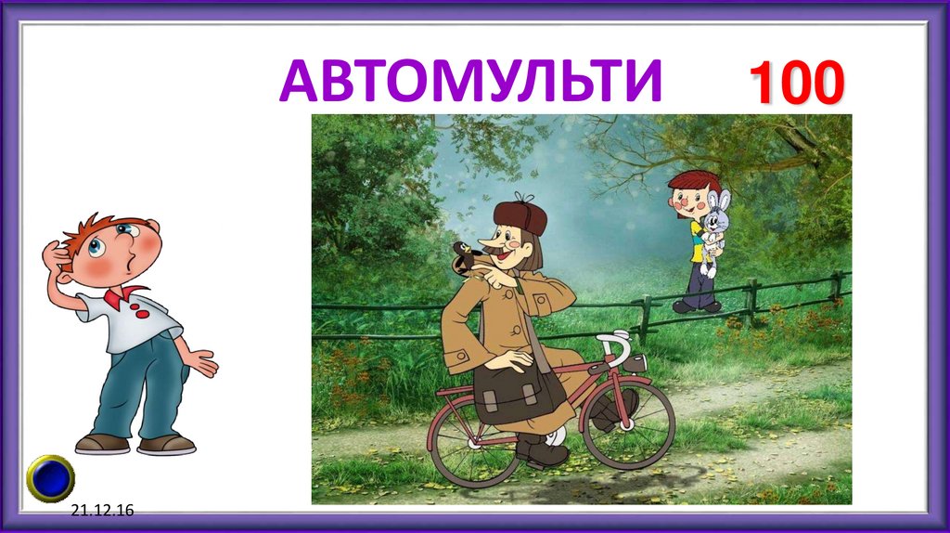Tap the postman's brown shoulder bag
click(519, 392)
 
